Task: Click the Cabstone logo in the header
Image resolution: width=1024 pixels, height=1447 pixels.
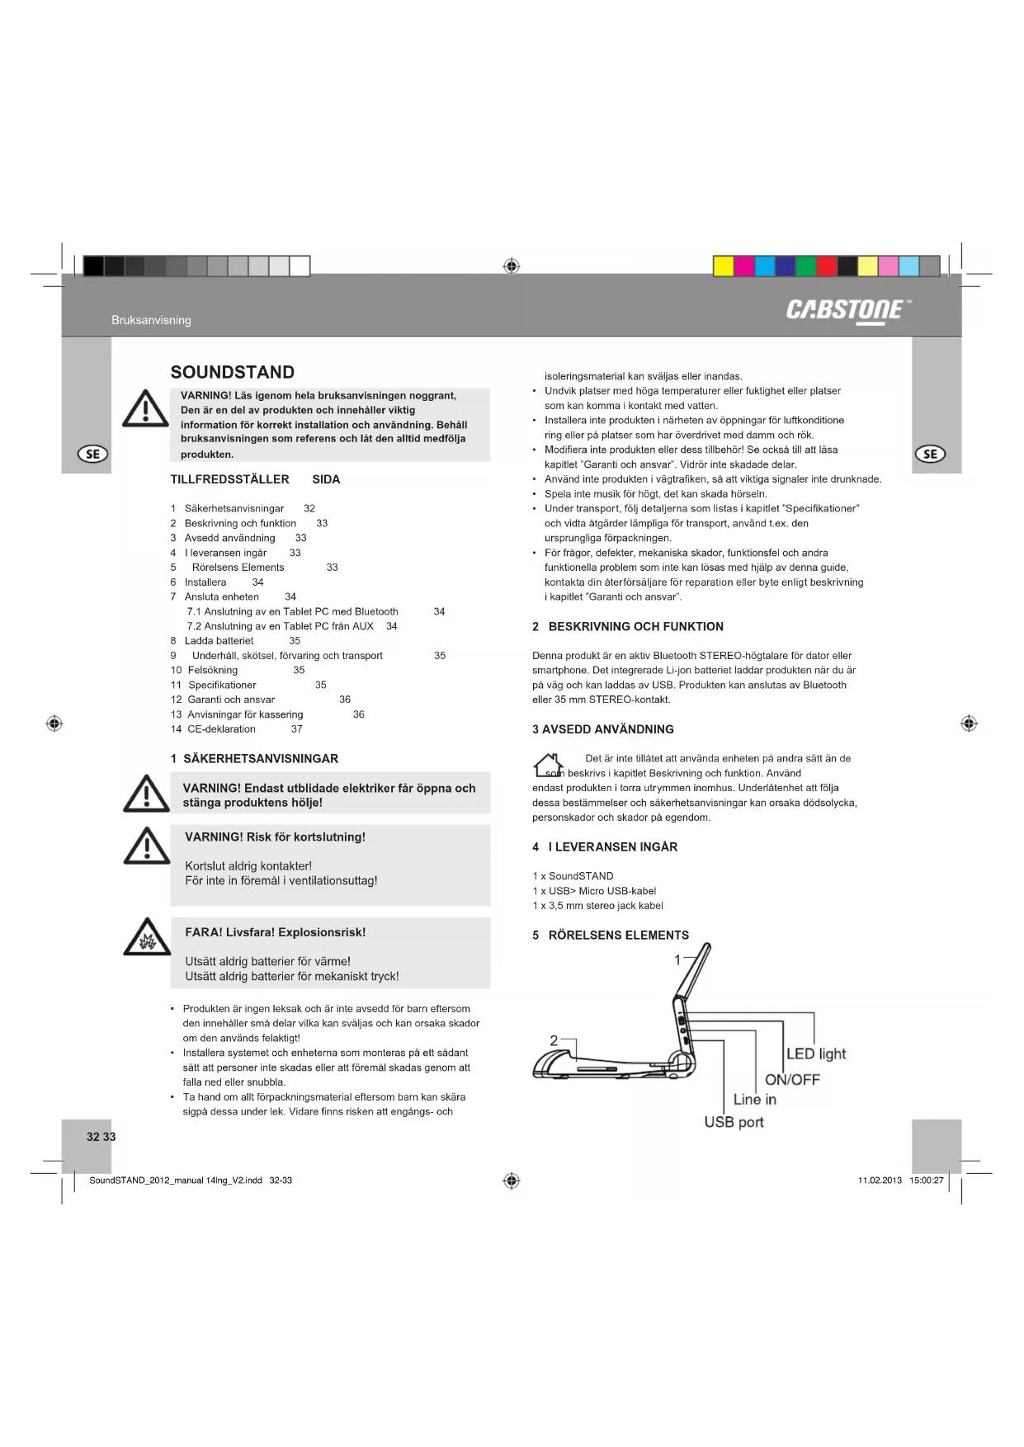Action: point(848,310)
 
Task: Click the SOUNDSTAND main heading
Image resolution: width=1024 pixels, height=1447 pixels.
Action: point(232,372)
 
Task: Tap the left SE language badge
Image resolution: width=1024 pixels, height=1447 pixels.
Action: point(92,454)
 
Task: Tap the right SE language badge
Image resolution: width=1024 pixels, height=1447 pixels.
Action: point(930,454)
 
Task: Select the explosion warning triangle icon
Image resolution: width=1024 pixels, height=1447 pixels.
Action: point(147,937)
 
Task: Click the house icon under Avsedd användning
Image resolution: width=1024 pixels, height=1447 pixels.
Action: point(549,766)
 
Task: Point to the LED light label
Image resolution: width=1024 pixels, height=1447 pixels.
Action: point(816,1053)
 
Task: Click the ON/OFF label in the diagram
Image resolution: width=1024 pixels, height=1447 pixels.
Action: point(792,1079)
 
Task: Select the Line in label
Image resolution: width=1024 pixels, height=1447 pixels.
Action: point(754,1100)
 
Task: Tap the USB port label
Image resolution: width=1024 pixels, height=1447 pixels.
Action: point(734,1122)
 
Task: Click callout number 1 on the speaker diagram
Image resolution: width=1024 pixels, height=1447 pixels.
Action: point(677,959)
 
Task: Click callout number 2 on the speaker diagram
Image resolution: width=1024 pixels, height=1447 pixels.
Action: point(554,1041)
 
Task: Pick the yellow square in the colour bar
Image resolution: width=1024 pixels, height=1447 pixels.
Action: point(724,266)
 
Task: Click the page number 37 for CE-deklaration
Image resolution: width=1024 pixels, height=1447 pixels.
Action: point(296,729)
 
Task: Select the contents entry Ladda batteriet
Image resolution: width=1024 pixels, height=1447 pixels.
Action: point(219,641)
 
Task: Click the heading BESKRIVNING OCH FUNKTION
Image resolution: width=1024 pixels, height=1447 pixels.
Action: point(635,627)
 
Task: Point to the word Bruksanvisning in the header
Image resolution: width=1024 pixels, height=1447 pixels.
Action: point(151,320)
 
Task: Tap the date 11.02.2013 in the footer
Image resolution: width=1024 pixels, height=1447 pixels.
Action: point(880,1181)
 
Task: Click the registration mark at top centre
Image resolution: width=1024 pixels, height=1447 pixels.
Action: point(511,266)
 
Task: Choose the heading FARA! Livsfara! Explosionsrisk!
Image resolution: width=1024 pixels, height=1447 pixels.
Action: point(275,932)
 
